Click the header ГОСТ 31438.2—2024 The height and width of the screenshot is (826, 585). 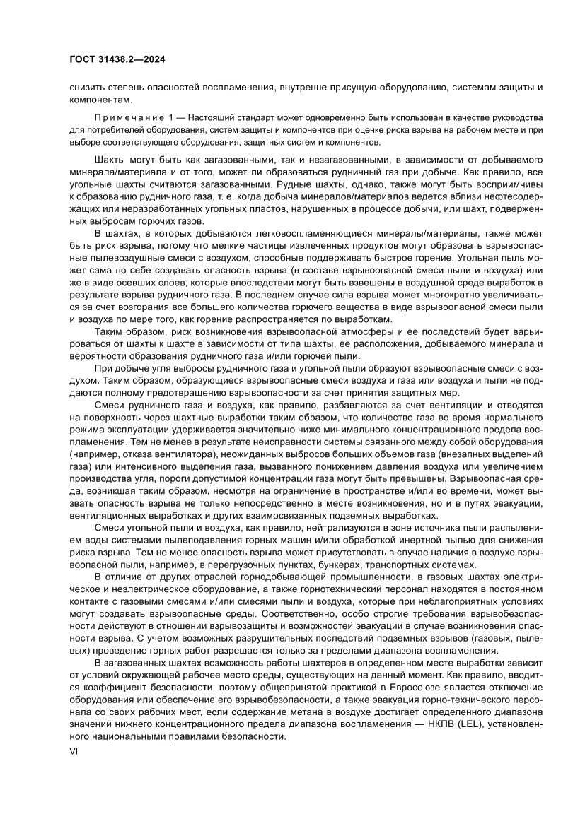pos(117,60)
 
